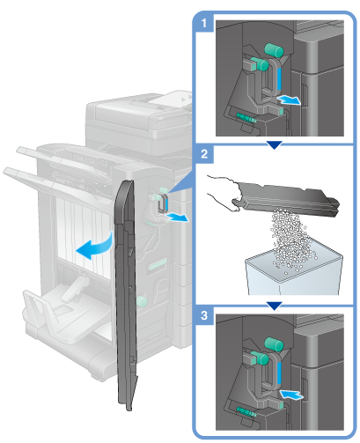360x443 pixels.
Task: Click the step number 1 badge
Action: click(x=204, y=23)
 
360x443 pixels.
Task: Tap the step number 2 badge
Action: click(x=204, y=153)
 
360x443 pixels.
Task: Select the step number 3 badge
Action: click(x=204, y=315)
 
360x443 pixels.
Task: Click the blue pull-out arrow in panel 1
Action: click(x=290, y=100)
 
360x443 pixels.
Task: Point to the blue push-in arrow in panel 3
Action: click(x=291, y=394)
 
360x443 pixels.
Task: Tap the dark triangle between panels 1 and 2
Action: click(x=275, y=144)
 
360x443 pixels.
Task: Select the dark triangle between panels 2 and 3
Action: click(x=275, y=306)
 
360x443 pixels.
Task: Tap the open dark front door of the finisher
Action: click(x=126, y=293)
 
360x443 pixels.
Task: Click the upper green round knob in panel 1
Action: click(x=274, y=50)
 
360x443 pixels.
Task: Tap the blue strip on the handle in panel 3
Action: click(x=279, y=373)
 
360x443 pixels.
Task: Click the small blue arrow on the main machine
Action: click(x=177, y=218)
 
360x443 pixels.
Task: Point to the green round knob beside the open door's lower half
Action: click(x=142, y=301)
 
